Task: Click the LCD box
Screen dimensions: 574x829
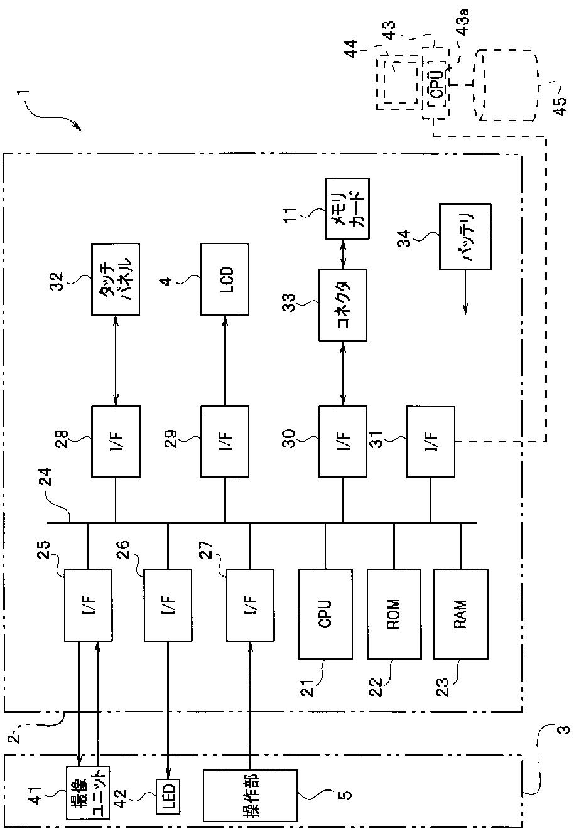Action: (x=225, y=279)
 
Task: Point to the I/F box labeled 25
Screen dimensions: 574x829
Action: (x=89, y=605)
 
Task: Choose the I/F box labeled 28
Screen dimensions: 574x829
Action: (x=116, y=441)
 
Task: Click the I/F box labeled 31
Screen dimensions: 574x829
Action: (x=431, y=441)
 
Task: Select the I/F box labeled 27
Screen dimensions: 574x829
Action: (x=251, y=605)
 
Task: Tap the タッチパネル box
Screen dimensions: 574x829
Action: (x=116, y=279)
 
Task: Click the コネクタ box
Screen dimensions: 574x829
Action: (x=343, y=305)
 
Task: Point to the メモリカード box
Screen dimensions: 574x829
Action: (x=347, y=208)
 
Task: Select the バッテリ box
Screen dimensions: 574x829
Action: (x=465, y=237)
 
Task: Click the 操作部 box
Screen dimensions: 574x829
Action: (x=251, y=794)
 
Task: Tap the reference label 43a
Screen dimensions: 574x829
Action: (x=464, y=23)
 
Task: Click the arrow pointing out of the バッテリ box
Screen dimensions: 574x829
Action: (x=465, y=292)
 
